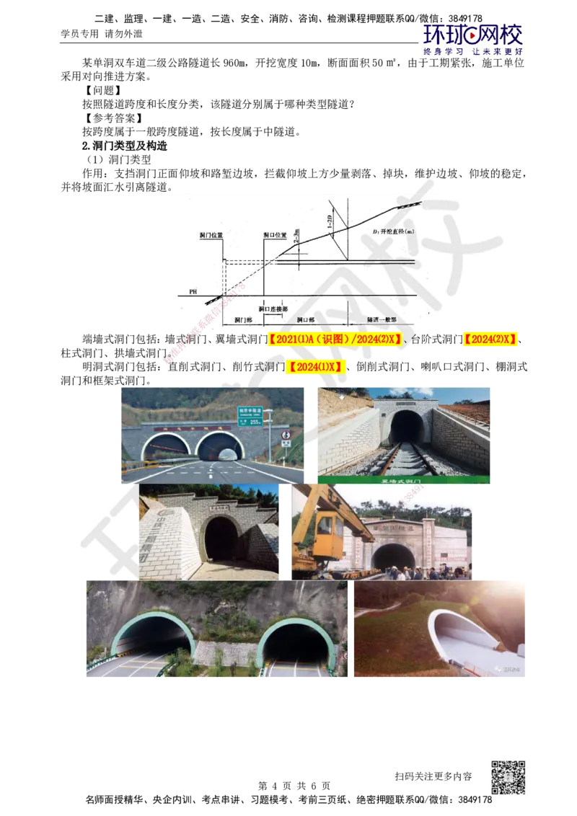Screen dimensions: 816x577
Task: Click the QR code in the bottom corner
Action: point(508,777)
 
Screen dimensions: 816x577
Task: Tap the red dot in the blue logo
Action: point(472,33)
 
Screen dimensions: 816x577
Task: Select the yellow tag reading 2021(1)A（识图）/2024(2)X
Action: point(334,340)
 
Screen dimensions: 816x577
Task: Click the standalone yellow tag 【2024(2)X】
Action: point(490,340)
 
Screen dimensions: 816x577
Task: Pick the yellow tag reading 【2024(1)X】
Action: point(314,368)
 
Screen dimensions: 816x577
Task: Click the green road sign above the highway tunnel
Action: point(249,415)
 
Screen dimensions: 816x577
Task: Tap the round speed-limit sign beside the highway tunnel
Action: point(286,435)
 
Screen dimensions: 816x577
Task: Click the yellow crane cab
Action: point(327,526)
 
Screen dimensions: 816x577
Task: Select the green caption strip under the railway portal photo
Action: point(404,479)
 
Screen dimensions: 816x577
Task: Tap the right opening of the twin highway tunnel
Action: point(220,448)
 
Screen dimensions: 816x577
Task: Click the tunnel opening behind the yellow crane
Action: point(393,557)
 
